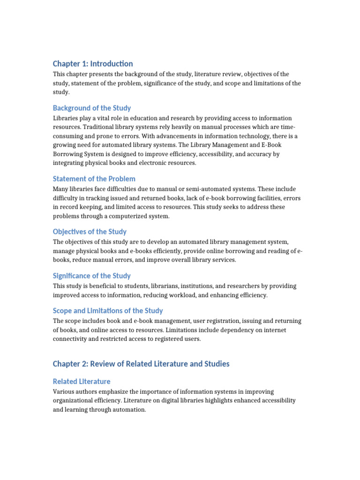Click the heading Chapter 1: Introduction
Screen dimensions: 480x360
(93, 64)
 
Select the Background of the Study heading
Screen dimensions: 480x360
(92, 108)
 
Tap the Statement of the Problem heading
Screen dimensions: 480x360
(94, 179)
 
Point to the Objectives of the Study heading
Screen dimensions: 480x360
(90, 232)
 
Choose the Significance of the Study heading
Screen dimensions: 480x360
(92, 276)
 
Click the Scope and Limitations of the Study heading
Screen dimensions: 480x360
(108, 310)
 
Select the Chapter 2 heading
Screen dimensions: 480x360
(141, 364)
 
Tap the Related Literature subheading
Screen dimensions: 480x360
(82, 382)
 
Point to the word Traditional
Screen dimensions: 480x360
(102, 127)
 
